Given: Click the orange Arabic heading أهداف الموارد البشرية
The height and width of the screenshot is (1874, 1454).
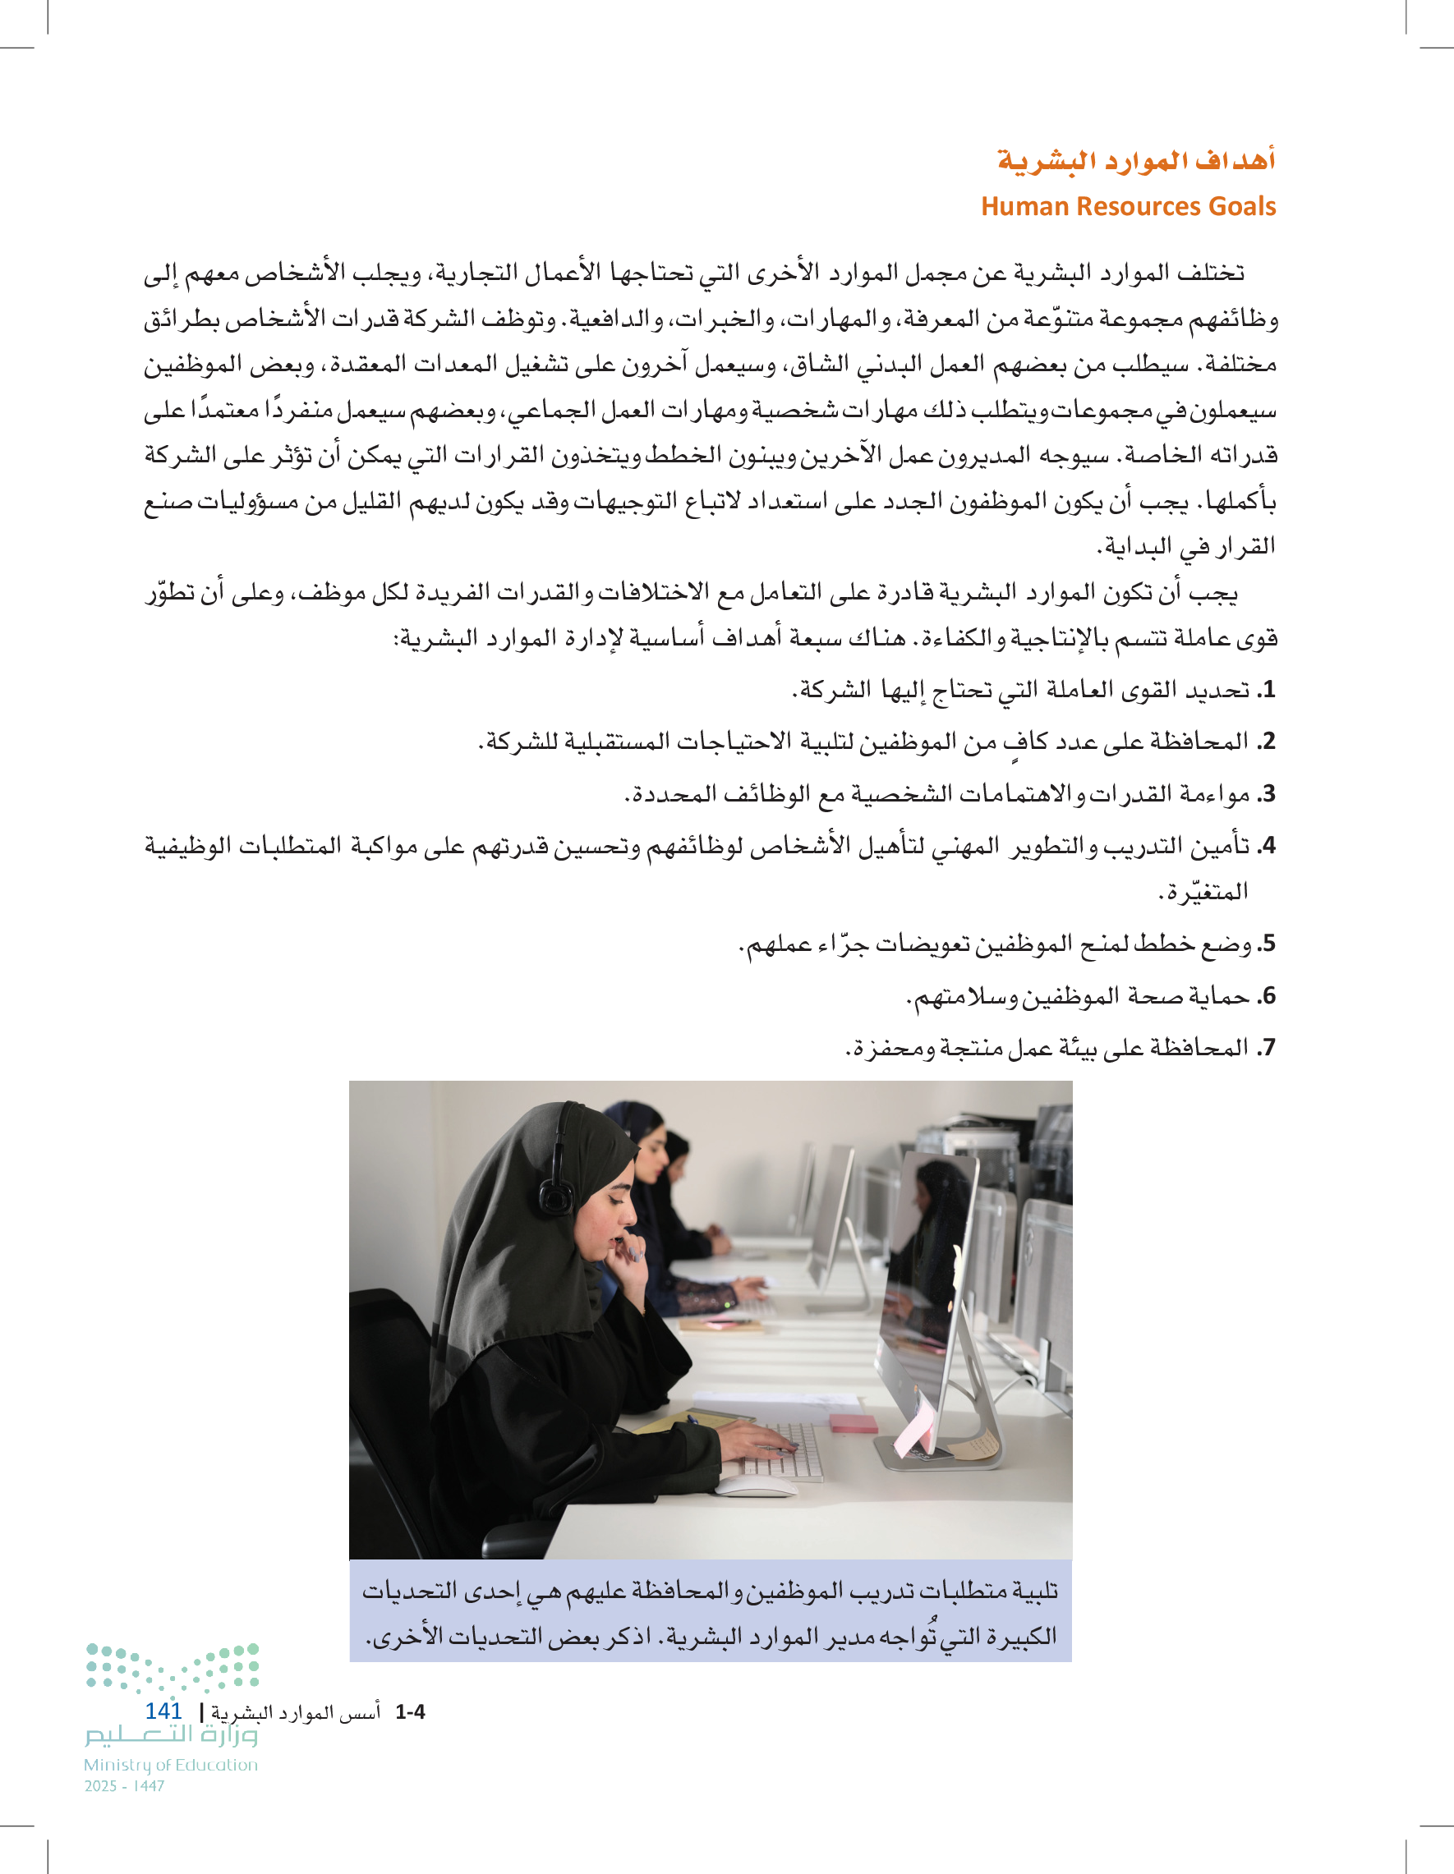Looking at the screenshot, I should tap(1134, 160).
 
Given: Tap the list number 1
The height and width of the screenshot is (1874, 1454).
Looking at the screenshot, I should tap(1268, 690).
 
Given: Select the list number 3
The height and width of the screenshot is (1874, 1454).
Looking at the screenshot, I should tap(1268, 795).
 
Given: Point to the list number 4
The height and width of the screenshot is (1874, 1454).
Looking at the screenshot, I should tap(1268, 847).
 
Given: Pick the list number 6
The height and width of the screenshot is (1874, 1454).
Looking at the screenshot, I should tap(1268, 997).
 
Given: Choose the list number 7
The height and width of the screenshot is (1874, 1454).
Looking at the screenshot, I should tap(1268, 1049).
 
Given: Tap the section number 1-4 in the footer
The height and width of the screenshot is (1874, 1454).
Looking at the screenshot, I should tap(409, 1713).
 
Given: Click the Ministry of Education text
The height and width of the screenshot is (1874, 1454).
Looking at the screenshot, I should tap(170, 1765).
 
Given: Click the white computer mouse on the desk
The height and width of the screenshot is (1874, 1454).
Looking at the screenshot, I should tap(755, 1486).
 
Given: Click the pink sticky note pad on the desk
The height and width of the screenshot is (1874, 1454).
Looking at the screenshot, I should tap(854, 1423).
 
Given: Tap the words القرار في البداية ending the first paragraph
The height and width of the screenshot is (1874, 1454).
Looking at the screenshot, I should tap(1185, 547).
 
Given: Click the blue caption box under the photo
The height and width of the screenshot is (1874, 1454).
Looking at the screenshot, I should tap(710, 1613).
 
